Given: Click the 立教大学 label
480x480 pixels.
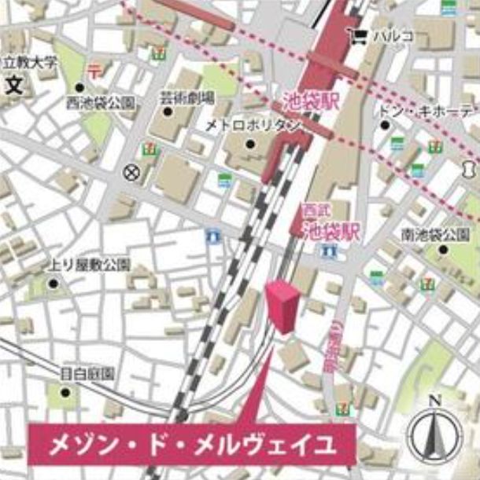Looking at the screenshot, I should tap(29, 62).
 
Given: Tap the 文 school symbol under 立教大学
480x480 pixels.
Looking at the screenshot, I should tap(14, 84).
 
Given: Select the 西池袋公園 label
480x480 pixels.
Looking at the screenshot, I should tap(101, 102).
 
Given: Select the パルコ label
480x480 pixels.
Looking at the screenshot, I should tap(394, 35).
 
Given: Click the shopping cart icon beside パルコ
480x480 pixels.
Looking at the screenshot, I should tap(361, 35).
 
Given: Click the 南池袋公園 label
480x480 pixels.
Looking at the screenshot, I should tap(434, 235).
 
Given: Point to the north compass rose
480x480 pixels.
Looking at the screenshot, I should tap(434, 434).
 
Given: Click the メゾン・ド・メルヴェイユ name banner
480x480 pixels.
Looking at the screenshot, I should tap(193, 446).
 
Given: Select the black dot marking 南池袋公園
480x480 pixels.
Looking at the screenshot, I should tap(442, 251).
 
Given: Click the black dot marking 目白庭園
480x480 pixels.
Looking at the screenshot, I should tap(65, 390).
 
